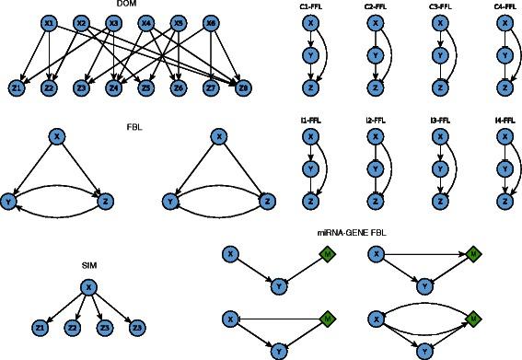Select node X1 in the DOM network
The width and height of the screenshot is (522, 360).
tap(49, 23)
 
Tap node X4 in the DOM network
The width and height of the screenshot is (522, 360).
tap(146, 23)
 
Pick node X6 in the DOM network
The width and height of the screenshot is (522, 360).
tap(211, 23)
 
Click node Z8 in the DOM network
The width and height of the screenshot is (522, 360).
tap(243, 87)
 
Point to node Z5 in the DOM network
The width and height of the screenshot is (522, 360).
tap(146, 87)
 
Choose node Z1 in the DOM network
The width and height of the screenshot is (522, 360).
tap(17, 87)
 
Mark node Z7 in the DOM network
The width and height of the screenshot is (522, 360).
tap(211, 87)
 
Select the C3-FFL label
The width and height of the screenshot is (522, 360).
tap(439, 7)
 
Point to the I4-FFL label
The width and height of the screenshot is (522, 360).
tap(504, 121)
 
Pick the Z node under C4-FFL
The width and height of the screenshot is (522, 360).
tap(504, 87)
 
